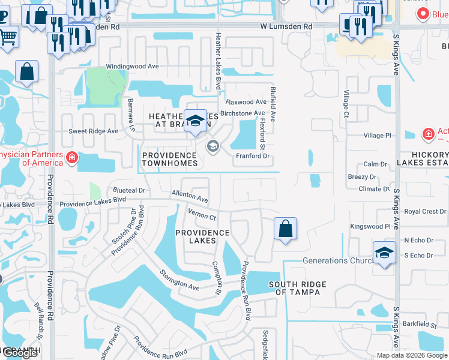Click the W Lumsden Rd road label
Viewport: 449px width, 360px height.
click(x=286, y=27)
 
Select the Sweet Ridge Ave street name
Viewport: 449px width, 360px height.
click(x=93, y=131)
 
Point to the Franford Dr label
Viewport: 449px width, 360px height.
click(x=253, y=156)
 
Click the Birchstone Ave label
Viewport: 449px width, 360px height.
click(x=243, y=113)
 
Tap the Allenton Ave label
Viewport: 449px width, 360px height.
click(x=190, y=196)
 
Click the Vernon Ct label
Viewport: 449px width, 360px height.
click(x=202, y=214)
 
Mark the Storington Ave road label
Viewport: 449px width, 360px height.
click(x=179, y=280)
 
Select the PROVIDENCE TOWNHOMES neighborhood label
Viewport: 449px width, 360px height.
click(x=170, y=159)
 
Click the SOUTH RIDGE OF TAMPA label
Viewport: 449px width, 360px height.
click(x=298, y=288)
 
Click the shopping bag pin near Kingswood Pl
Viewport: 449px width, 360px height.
click(x=285, y=229)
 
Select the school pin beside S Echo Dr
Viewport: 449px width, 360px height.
click(x=384, y=252)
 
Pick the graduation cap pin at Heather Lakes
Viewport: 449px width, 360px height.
click(x=195, y=121)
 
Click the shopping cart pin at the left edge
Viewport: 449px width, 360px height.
click(x=8, y=37)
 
